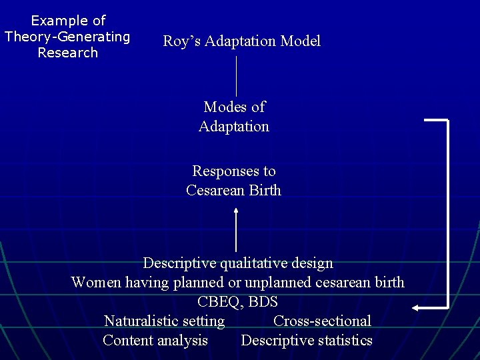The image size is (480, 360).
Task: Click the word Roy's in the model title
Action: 182,41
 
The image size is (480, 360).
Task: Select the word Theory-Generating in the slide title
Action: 67,37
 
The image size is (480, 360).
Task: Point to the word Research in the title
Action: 67,53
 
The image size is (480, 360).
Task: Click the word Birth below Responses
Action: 265,191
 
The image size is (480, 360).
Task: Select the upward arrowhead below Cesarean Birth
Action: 236,211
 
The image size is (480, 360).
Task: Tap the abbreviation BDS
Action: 265,301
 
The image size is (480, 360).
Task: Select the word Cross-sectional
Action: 322,321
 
